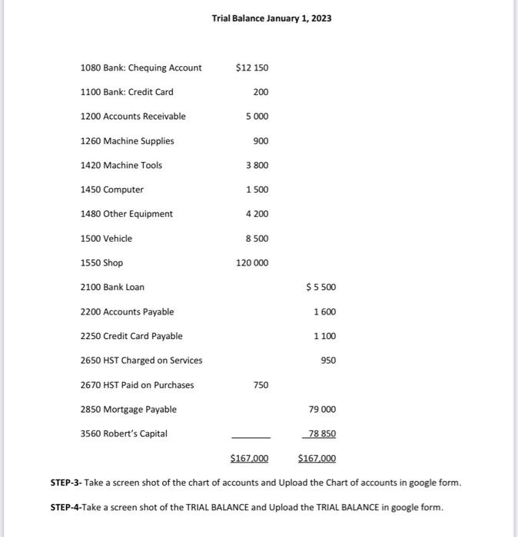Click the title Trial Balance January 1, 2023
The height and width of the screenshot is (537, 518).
point(271,18)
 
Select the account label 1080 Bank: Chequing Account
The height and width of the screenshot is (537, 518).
point(141,68)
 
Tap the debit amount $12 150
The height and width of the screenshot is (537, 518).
point(252,68)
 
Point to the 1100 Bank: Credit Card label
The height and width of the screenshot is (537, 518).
point(127,92)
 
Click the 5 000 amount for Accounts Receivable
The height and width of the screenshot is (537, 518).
point(257,117)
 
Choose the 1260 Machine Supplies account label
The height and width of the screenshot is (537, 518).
point(127,141)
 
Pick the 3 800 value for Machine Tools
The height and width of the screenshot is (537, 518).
point(257,166)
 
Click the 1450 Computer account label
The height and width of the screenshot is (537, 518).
point(111,189)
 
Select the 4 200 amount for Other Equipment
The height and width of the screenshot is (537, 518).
point(257,214)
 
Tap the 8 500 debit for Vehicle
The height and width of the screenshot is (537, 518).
point(257,239)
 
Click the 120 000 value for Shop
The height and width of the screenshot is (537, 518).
point(252,263)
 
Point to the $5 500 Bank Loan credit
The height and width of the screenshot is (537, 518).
point(320,288)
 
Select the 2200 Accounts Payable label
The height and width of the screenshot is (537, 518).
point(127,311)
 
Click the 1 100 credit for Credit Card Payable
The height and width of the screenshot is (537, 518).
point(324,336)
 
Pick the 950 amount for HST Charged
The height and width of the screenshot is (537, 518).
point(328,361)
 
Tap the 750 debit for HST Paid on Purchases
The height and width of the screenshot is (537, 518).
point(261,385)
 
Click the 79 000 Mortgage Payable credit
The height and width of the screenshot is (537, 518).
point(322,410)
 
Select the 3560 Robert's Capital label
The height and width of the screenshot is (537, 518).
point(124,433)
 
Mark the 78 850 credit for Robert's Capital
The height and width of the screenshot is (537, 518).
point(322,434)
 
